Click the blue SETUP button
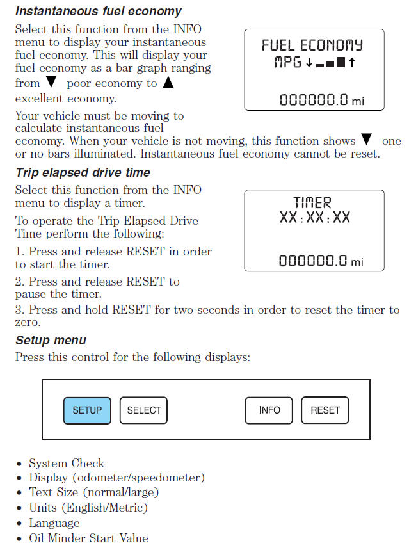[x=87, y=410]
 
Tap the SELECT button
[x=143, y=410]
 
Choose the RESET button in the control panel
[x=325, y=410]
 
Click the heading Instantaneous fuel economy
[x=98, y=12]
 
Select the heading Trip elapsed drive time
[x=83, y=172]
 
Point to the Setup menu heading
[x=51, y=340]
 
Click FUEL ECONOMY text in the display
[x=312, y=45]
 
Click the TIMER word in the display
[x=312, y=203]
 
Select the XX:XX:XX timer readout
[x=314, y=218]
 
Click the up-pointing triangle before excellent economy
[x=168, y=83]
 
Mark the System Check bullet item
[x=67, y=464]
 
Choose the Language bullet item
[x=54, y=523]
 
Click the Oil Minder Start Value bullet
[x=88, y=538]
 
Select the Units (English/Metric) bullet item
[x=88, y=508]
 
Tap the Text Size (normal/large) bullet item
[x=93, y=493]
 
